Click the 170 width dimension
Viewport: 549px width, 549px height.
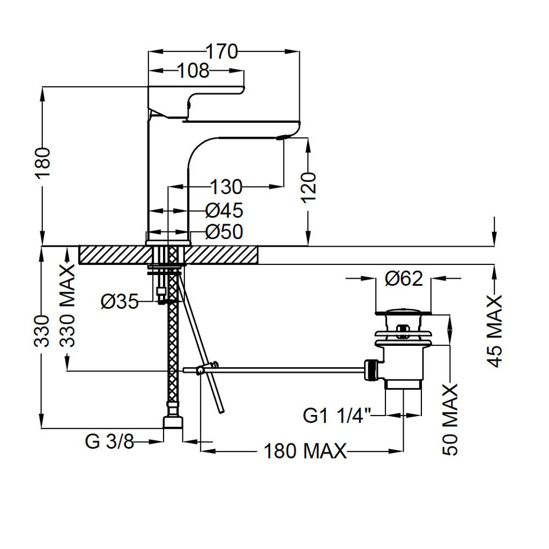click(221, 51)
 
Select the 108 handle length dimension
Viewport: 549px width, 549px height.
click(194, 71)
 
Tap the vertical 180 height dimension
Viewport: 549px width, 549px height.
click(43, 163)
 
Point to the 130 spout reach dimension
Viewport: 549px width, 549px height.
click(226, 187)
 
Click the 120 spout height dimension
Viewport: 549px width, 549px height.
click(309, 187)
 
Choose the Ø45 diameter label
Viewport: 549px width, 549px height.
click(224, 210)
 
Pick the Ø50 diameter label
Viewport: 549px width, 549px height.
click(224, 232)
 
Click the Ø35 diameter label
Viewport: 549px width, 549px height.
click(120, 301)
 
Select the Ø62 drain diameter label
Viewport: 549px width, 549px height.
click(404, 279)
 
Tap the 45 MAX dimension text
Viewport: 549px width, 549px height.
click(495, 331)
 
